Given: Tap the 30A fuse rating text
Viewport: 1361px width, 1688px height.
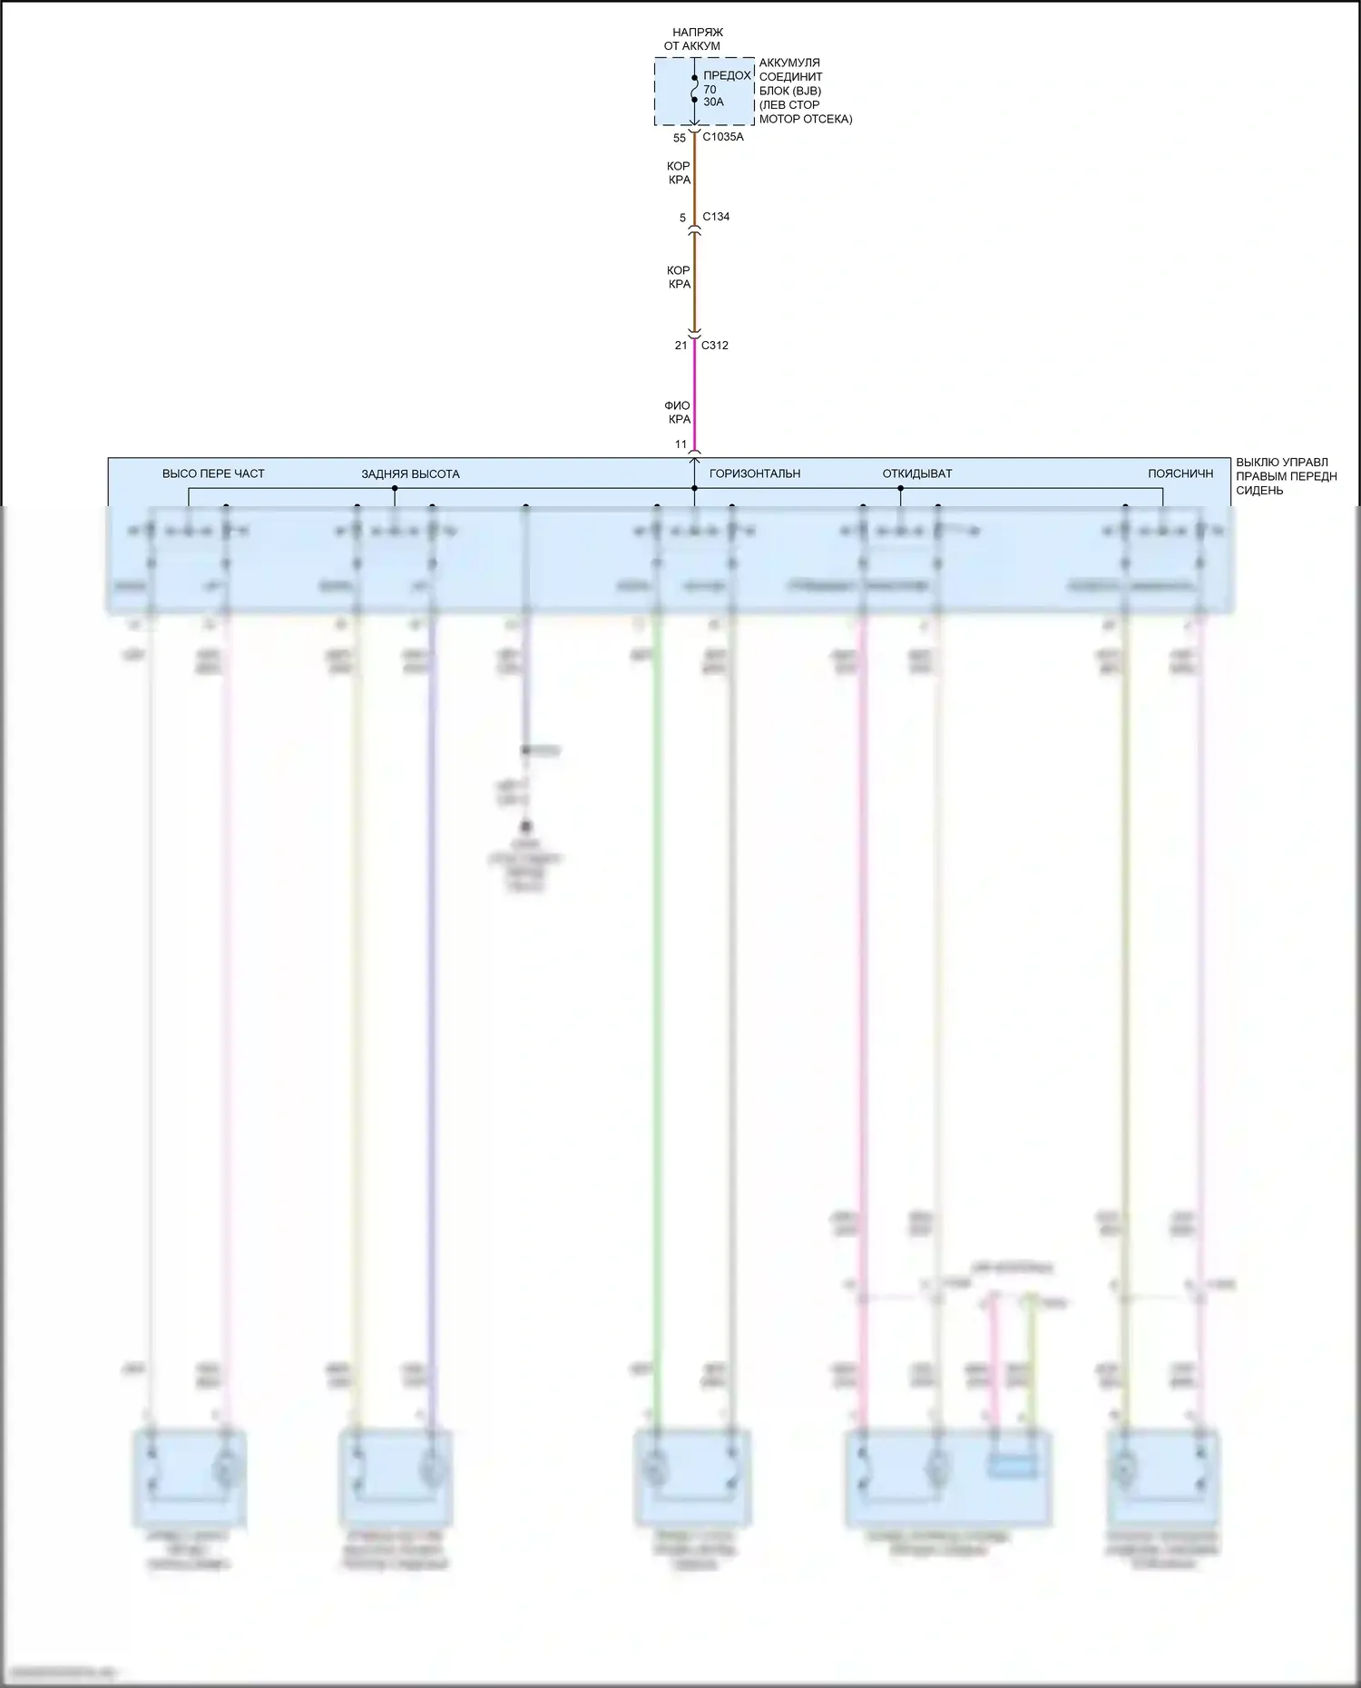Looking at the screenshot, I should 713,102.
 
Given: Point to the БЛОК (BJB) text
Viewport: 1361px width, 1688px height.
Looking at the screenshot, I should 789,91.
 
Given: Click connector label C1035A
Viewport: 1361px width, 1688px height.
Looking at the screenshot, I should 722,137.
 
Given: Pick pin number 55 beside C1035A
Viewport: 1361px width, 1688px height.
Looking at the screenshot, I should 680,139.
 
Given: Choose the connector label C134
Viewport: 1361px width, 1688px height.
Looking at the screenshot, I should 716,217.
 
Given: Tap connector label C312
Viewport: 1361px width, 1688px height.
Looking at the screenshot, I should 714,346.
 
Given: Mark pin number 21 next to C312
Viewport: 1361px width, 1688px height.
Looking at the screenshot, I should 680,346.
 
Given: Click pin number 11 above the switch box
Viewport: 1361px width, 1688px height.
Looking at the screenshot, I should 680,444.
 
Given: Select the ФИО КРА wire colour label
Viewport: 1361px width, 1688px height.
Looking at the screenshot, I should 678,413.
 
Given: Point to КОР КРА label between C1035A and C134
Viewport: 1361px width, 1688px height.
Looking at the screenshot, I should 679,173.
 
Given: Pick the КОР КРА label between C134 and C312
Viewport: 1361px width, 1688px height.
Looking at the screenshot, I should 679,278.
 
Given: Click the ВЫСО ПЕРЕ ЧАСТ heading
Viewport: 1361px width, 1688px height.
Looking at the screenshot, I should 213,473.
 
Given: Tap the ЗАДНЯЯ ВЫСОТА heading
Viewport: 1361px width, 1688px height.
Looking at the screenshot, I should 410,474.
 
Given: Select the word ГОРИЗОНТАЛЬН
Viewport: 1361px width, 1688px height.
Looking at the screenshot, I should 755,473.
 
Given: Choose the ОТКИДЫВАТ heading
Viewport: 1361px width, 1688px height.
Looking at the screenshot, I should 917,473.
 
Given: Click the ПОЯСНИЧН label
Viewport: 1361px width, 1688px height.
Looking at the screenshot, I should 1180,473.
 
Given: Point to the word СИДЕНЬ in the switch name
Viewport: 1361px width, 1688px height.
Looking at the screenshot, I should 1259,491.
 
